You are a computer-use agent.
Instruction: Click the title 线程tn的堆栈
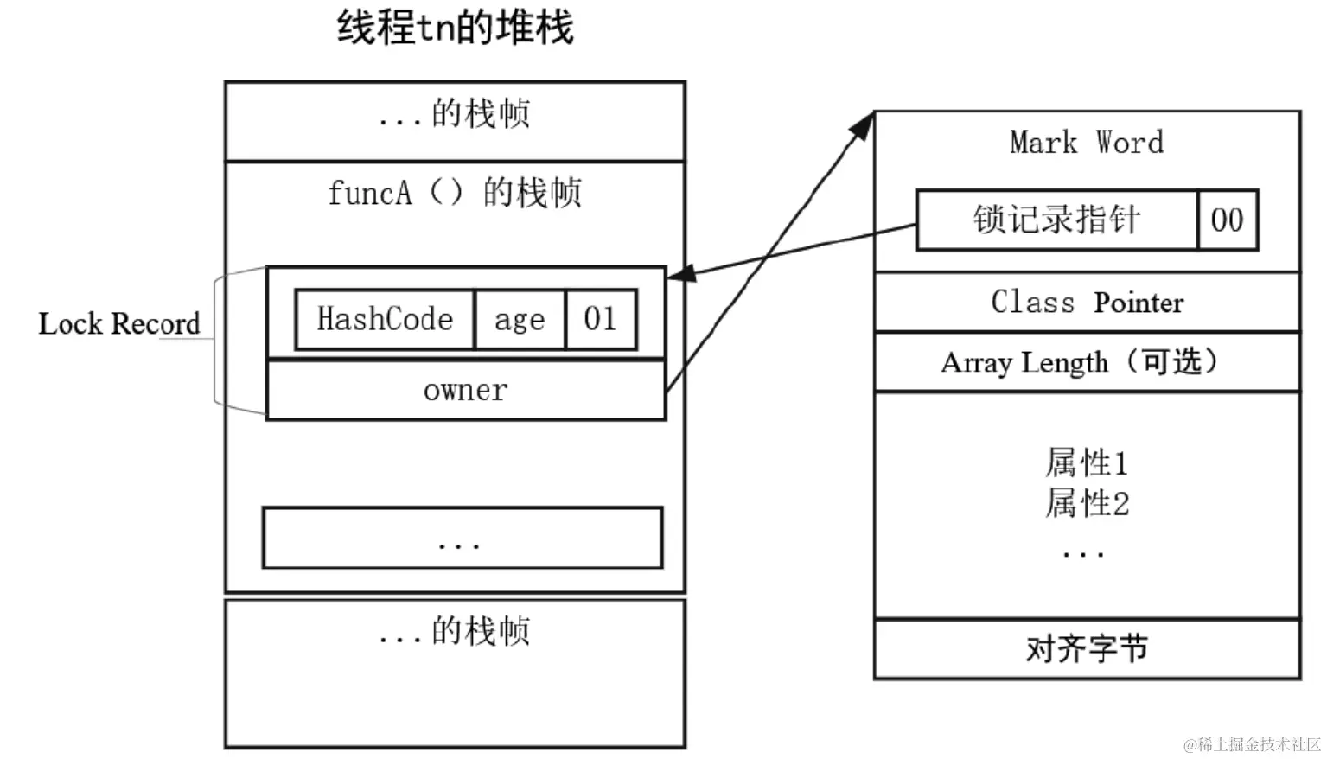[455, 28]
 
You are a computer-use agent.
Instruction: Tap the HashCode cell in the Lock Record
[385, 319]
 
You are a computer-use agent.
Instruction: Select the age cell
[520, 319]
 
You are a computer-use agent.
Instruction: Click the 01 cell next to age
[601, 319]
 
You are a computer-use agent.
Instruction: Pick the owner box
[465, 391]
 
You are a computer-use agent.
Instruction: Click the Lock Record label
[119, 324]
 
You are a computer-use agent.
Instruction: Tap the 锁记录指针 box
[1056, 220]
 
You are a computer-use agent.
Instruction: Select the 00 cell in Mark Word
[1227, 220]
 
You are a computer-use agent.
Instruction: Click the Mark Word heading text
[1087, 142]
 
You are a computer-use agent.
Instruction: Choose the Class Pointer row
[1087, 303]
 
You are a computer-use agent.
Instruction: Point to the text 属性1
[1087, 463]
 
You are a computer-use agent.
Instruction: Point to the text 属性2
[1087, 503]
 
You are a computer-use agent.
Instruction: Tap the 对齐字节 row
[1087, 648]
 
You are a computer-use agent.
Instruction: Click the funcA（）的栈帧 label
[455, 192]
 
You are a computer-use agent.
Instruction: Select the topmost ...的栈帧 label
[455, 114]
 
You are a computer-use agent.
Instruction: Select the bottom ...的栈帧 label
[455, 631]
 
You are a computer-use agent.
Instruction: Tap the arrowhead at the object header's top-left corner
[862, 127]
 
